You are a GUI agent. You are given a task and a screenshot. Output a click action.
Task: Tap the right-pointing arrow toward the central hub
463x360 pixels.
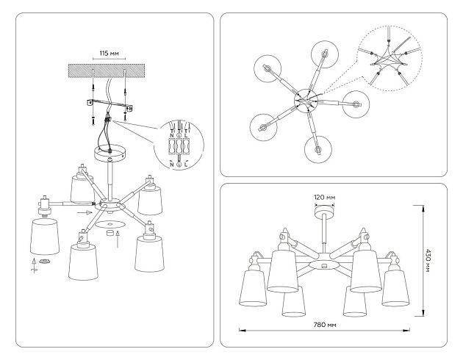click(86, 212)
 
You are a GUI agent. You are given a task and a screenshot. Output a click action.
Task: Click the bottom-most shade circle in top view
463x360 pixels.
click(317, 150)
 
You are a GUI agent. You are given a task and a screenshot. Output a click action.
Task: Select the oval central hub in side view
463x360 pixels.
click(322, 263)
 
